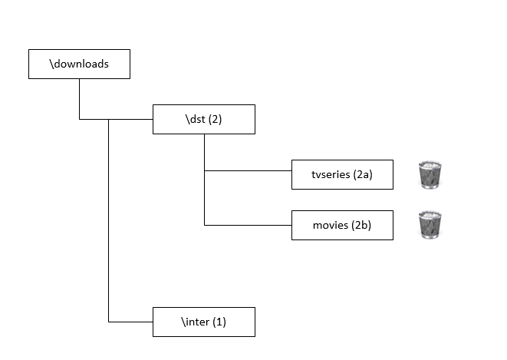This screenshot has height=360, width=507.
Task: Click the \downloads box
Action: (x=79, y=64)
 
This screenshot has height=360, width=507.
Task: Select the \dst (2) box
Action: (x=204, y=119)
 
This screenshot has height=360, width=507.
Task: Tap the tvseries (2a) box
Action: (x=342, y=175)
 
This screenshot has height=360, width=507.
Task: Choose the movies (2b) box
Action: (x=342, y=226)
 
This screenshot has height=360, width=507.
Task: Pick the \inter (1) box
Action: (x=204, y=322)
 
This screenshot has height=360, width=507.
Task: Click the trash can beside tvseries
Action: (x=430, y=175)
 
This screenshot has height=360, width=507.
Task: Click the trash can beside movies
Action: (x=430, y=225)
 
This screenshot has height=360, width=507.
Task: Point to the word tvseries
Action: (x=331, y=175)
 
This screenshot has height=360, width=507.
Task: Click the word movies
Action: (x=331, y=225)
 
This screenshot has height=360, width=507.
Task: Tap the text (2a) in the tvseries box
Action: (x=363, y=175)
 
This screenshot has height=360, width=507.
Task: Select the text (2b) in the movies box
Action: (x=361, y=225)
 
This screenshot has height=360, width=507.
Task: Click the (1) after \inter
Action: (x=219, y=322)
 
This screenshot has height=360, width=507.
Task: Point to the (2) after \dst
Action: (x=215, y=119)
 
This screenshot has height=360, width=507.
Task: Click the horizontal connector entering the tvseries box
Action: (x=248, y=170)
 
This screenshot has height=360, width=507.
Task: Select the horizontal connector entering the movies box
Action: (x=248, y=225)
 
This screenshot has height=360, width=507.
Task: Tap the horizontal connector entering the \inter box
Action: (x=130, y=322)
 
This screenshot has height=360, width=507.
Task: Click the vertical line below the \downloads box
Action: (x=79, y=99)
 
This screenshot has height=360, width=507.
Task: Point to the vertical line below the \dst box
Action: (x=204, y=180)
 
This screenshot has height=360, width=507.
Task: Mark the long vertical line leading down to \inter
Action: (x=109, y=220)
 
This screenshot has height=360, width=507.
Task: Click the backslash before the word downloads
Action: (x=51, y=64)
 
